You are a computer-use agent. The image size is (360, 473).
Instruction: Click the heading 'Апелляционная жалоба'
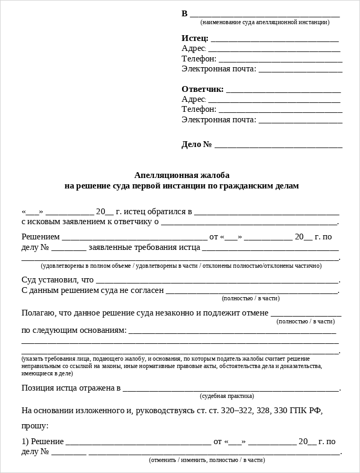click(x=182, y=175)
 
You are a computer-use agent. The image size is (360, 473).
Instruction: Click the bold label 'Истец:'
click(x=195, y=38)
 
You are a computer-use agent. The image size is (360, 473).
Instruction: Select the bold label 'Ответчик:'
click(x=203, y=89)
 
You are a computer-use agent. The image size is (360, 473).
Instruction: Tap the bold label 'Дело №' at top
click(x=197, y=144)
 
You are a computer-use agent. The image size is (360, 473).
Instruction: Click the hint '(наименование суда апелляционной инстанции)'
click(x=264, y=22)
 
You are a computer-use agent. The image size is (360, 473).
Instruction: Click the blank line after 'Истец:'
click(x=274, y=39)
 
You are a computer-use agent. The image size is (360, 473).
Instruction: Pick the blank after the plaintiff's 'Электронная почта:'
click(x=300, y=70)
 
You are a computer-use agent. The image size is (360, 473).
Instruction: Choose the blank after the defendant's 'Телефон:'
click(x=280, y=110)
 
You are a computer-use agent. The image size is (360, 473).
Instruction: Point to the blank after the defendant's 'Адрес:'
click(x=274, y=100)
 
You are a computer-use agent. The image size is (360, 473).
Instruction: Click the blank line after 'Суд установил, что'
click(x=217, y=281)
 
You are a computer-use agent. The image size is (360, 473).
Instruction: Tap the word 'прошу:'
click(x=35, y=426)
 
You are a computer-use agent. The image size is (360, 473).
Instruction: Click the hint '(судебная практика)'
click(x=227, y=396)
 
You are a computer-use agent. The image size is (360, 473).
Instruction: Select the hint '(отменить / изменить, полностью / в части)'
click(x=207, y=460)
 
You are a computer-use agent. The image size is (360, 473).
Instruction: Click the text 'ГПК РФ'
click(x=303, y=411)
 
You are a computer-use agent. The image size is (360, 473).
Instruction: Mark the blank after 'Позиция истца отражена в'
click(x=230, y=390)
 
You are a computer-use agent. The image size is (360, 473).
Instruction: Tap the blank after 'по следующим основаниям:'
click(x=232, y=331)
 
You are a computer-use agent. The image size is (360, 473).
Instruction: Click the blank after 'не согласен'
click(x=251, y=291)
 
